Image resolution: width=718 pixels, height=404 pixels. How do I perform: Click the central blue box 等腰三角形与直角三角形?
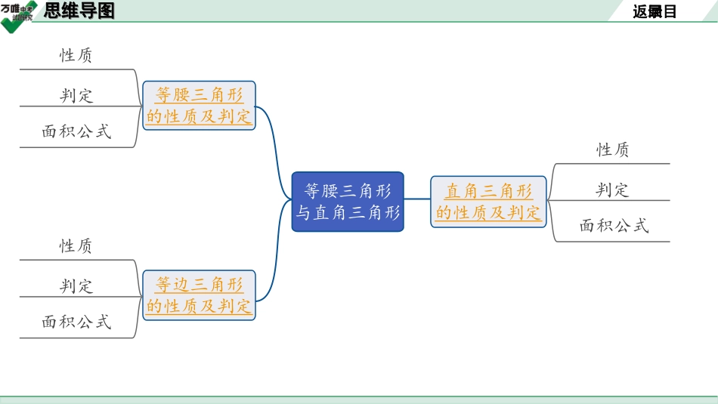tap(348, 201)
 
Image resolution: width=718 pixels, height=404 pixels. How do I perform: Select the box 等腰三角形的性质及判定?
tap(199, 106)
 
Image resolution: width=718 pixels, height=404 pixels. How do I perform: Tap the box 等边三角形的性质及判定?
tap(199, 295)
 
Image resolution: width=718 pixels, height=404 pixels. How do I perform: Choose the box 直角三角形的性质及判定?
tap(488, 202)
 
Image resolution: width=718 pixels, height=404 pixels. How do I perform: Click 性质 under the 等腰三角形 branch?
tap(76, 55)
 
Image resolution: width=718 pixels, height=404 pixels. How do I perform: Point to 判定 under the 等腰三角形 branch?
tap(76, 95)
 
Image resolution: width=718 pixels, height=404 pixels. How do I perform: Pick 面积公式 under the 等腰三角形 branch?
tap(76, 131)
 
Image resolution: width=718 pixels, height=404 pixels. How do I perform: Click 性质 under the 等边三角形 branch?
tap(76, 246)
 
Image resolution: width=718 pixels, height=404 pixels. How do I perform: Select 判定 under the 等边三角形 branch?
tap(76, 286)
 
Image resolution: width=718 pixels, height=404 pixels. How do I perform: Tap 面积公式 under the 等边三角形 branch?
tap(76, 322)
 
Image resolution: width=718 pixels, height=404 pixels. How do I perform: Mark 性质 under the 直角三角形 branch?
tap(613, 150)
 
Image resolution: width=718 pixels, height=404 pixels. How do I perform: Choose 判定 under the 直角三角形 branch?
tap(613, 190)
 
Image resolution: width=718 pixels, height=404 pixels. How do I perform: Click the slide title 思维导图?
tap(79, 11)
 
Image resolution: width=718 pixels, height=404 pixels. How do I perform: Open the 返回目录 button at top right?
tap(655, 11)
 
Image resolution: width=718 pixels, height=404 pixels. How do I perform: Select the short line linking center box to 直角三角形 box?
tap(417, 202)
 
